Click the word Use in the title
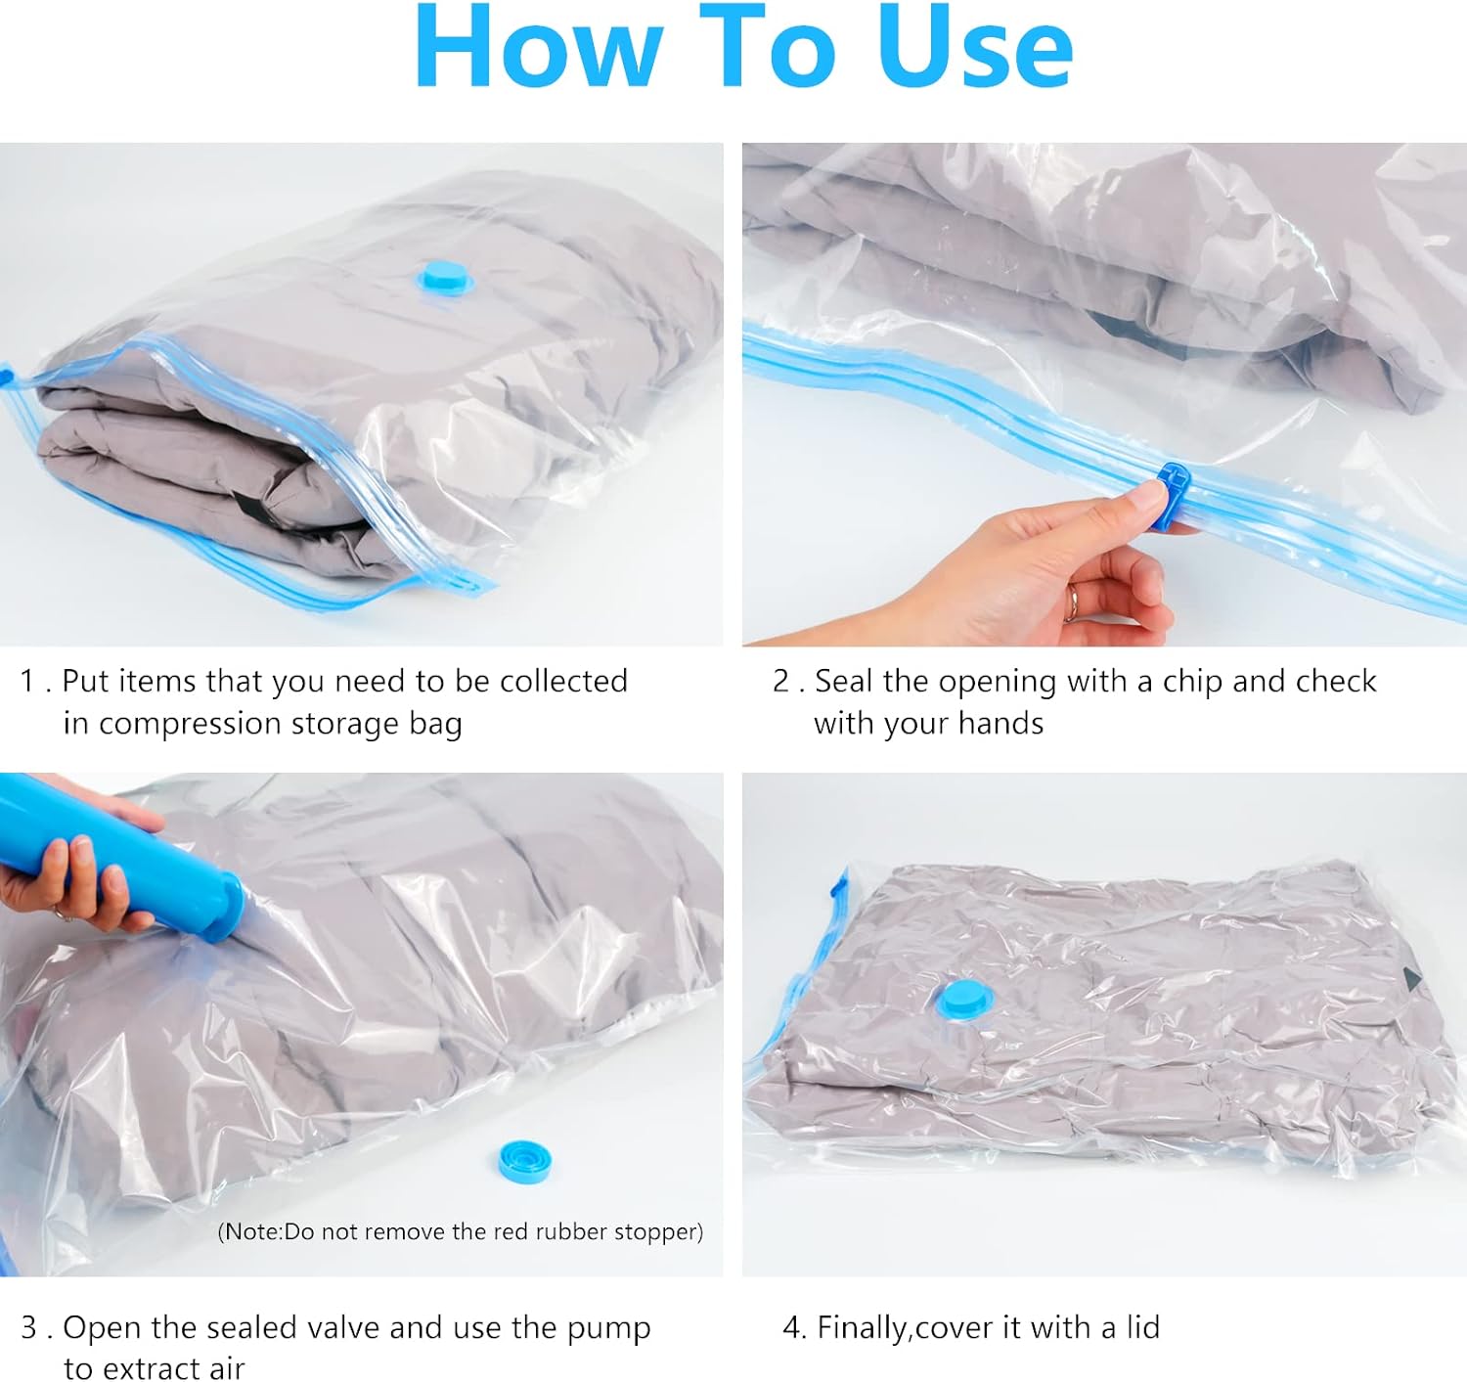pyautogui.click(x=974, y=47)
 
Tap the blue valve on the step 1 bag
pyautogui.click(x=445, y=277)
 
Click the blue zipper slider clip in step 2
pyautogui.click(x=1170, y=495)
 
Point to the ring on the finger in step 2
pyautogui.click(x=1070, y=602)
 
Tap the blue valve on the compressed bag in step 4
pyautogui.click(x=964, y=1001)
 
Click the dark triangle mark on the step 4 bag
pyautogui.click(x=1412, y=979)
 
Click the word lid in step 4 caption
pyautogui.click(x=1142, y=1327)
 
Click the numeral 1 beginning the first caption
pyautogui.click(x=27, y=682)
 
